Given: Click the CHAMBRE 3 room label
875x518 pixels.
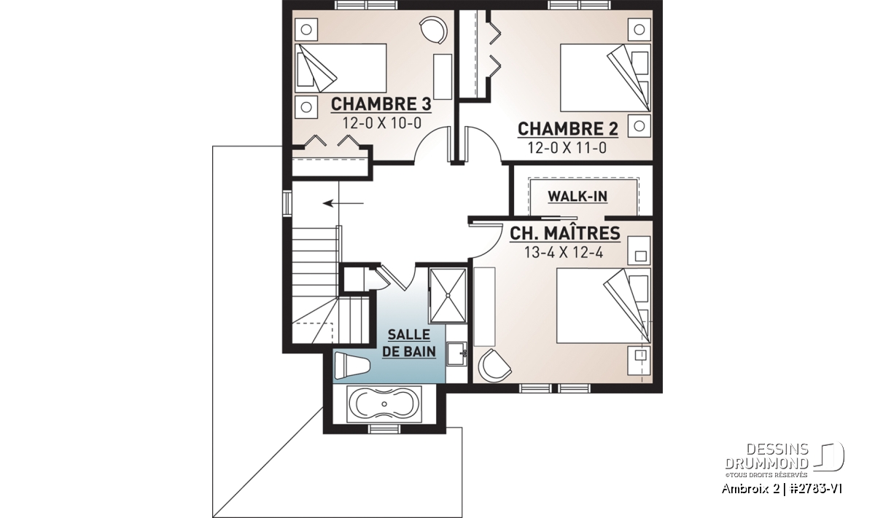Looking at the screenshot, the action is pyautogui.click(x=381, y=104).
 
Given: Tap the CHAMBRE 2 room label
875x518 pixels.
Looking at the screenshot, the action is pyautogui.click(x=568, y=129).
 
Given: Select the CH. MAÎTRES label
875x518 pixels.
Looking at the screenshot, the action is pyautogui.click(x=565, y=233).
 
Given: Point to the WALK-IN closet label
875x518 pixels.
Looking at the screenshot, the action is pyautogui.click(x=577, y=197).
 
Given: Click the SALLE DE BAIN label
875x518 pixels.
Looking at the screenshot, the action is pyautogui.click(x=409, y=343).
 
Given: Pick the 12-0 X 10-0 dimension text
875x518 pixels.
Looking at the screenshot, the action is pyautogui.click(x=382, y=123).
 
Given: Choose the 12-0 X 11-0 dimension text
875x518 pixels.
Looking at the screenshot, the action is pyautogui.click(x=567, y=148).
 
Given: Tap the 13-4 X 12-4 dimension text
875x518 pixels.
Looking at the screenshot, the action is pyautogui.click(x=564, y=253).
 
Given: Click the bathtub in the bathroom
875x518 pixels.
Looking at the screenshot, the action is pyautogui.click(x=384, y=404).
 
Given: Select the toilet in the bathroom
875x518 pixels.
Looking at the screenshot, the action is pyautogui.click(x=351, y=366).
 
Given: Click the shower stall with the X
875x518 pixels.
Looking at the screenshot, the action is pyautogui.click(x=448, y=296).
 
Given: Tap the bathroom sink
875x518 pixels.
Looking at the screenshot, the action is pyautogui.click(x=457, y=353).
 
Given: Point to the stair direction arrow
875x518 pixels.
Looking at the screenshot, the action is pyautogui.click(x=343, y=203).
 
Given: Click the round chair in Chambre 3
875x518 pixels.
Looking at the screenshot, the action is pyautogui.click(x=433, y=31).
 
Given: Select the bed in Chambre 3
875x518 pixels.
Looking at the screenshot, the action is pyautogui.click(x=341, y=68).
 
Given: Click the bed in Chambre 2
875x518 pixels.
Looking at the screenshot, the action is pyautogui.click(x=605, y=78).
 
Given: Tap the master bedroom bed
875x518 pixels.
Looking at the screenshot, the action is pyautogui.click(x=604, y=306).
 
